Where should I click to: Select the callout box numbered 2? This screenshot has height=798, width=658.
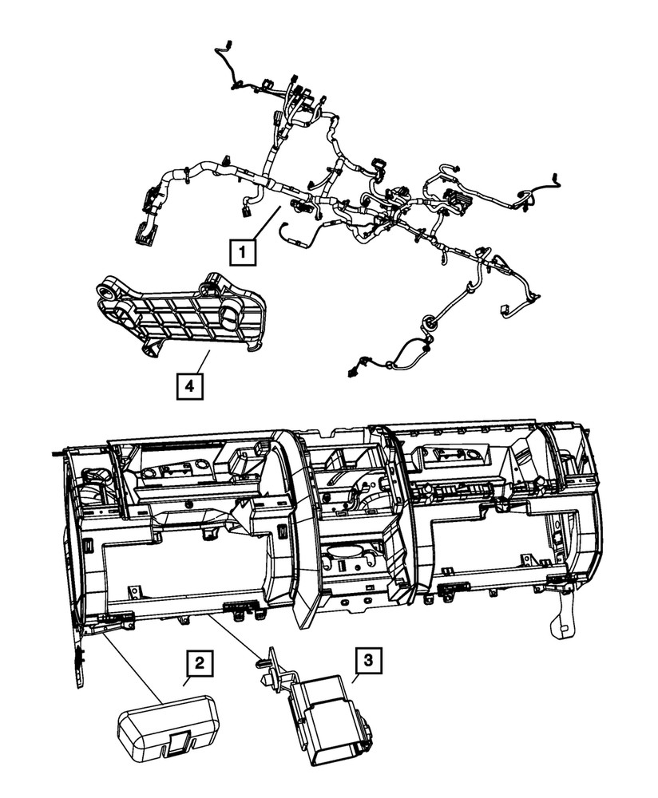[x=199, y=662]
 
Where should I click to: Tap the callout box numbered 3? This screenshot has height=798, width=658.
[x=367, y=660]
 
